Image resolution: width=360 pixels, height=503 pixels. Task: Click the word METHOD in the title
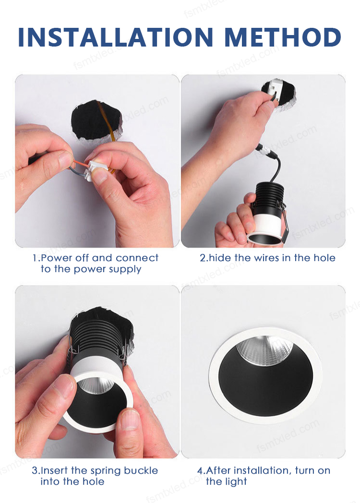pyautogui.click(x=283, y=37)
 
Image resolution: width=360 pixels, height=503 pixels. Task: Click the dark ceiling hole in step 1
pyautogui.click(x=96, y=120)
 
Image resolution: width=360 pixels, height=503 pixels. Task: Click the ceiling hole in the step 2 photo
pyautogui.click(x=278, y=94)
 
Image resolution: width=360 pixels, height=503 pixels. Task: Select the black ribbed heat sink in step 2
pyautogui.click(x=268, y=196)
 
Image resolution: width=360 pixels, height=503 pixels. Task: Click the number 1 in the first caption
pyautogui.click(x=35, y=258)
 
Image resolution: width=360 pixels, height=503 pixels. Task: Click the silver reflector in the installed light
pyautogui.click(x=265, y=350)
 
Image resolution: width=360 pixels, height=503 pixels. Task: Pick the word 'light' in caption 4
pyautogui.click(x=237, y=482)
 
